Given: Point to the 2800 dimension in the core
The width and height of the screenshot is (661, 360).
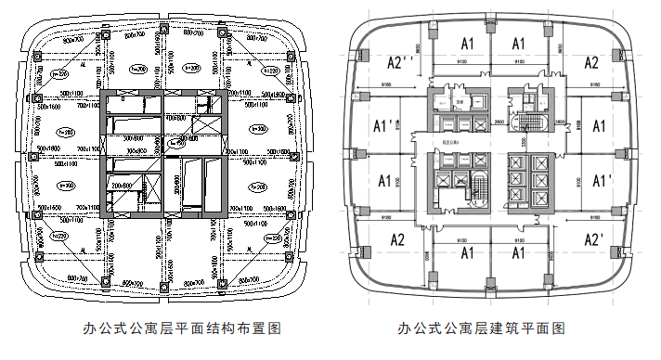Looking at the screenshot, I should tap(498, 122).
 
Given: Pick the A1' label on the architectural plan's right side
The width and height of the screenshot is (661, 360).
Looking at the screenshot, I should tap(601, 180).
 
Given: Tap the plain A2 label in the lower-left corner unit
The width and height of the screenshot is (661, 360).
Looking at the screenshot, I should tap(397, 239).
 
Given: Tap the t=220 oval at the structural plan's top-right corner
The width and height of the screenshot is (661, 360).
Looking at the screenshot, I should tap(270, 70).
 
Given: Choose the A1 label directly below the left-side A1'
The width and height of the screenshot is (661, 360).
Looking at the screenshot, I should tap(382, 180).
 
